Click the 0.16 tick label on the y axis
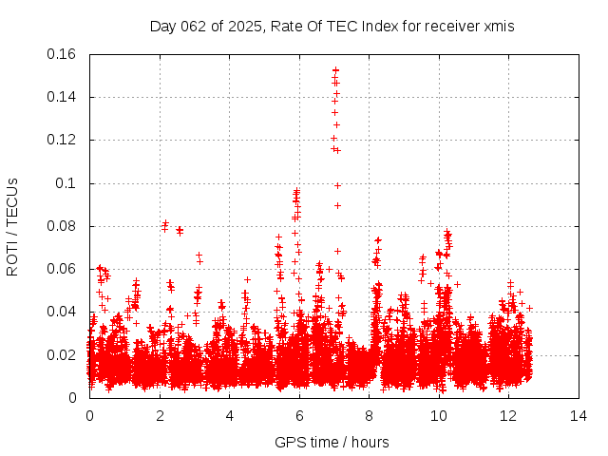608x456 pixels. pos(64,54)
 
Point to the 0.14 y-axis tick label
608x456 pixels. pos(64,97)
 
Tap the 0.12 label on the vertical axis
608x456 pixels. pos(64,140)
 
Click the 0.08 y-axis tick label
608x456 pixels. pos(64,226)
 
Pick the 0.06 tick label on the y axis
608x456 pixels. pos(64,269)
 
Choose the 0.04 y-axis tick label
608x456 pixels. pos(64,312)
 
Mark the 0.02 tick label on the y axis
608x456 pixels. pos(64,355)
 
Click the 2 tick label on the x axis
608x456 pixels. pos(160,415)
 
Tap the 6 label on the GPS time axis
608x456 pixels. pos(299,415)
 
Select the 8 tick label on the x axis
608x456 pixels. pos(370,415)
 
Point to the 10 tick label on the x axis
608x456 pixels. pos(439,415)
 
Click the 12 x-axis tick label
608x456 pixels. pos(509,415)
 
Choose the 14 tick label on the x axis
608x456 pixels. pos(579,415)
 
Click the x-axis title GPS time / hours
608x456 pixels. pos(332,442)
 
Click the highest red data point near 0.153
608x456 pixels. pos(335,69)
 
